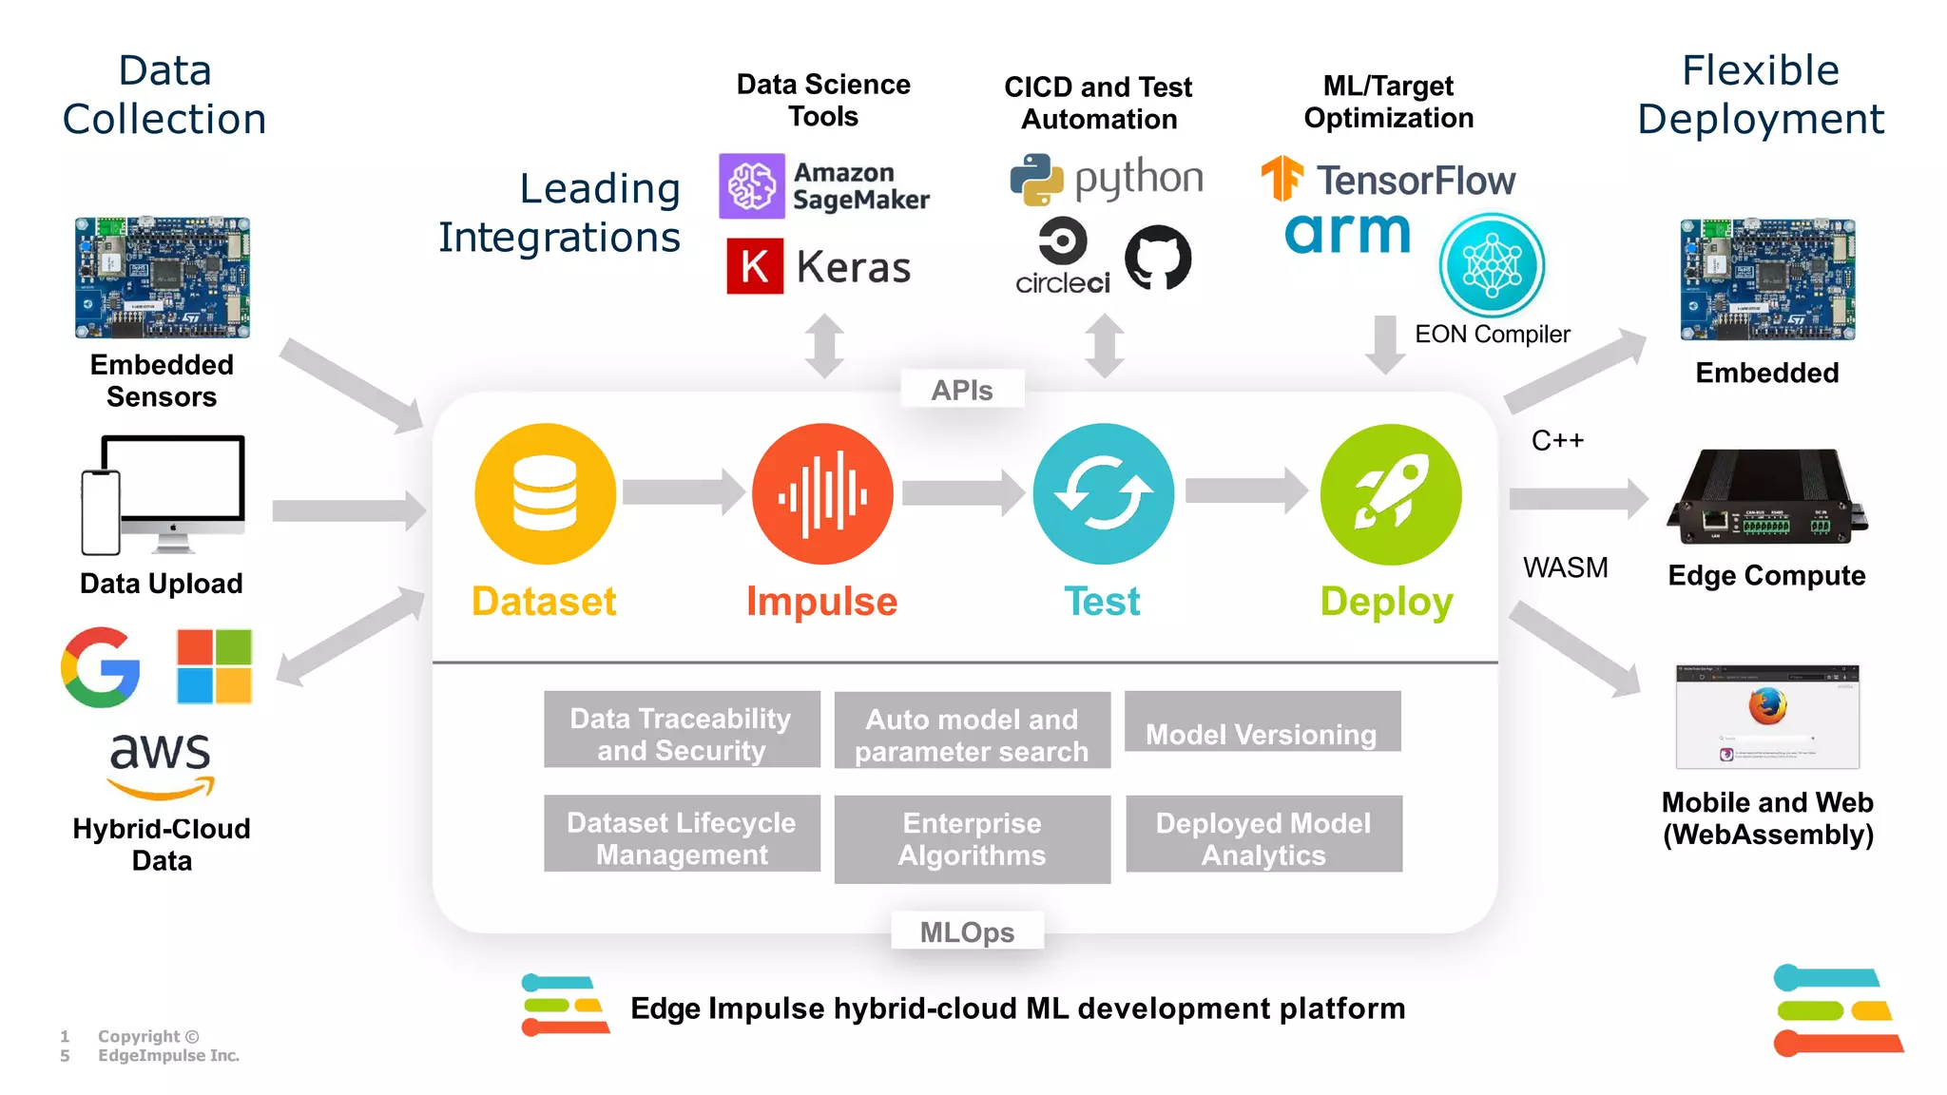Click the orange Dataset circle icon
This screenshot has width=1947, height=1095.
coord(545,494)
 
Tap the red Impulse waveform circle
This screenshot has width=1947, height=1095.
coord(822,494)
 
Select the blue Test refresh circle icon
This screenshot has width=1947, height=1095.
coord(1103,494)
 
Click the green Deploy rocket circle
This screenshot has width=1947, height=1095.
coord(1390,494)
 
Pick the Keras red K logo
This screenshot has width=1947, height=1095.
coord(755,266)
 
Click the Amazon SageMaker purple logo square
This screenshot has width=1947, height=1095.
coord(752,185)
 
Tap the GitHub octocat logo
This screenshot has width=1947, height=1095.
coord(1157,258)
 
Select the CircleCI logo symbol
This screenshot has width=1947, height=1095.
coord(1062,241)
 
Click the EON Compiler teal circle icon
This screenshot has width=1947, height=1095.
coord(1492,265)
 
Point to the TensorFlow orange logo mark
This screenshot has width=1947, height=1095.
coord(1282,178)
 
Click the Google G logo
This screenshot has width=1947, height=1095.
coord(101,667)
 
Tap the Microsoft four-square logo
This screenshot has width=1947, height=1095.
coord(214,666)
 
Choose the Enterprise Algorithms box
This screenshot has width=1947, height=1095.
coord(972,839)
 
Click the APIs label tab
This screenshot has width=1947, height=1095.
coord(961,390)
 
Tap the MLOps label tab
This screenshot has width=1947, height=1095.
coord(967,932)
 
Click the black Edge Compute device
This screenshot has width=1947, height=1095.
coord(1766,498)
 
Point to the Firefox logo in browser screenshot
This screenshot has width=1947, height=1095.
coord(1767,706)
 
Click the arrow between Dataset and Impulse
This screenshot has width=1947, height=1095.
coord(683,492)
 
